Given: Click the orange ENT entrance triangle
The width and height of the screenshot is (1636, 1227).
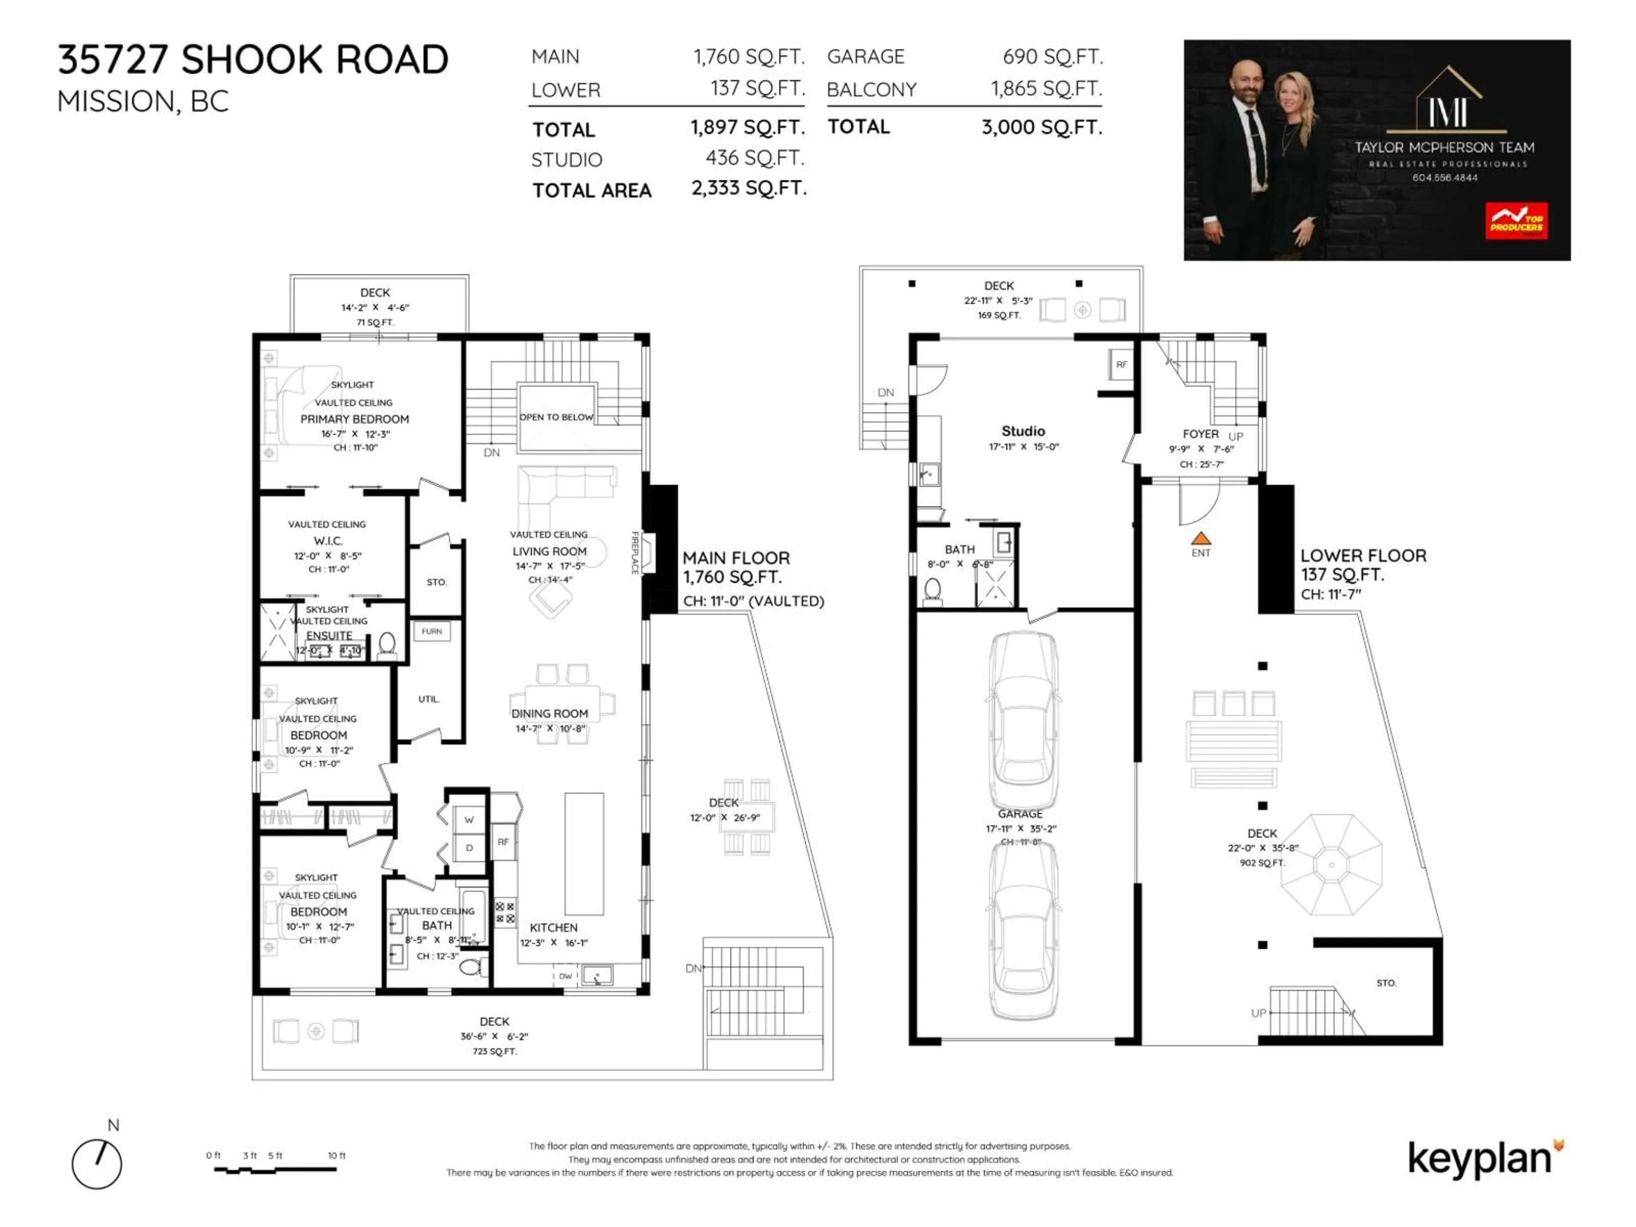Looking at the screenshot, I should coord(1201,539).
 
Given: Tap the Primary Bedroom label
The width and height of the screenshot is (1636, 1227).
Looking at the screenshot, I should coord(354,419).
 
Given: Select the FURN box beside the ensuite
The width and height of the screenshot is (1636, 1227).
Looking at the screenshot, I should coord(432,631).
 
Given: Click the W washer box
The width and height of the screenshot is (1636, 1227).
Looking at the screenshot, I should coord(469,819).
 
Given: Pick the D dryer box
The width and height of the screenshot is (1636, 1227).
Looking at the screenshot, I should coord(469,847).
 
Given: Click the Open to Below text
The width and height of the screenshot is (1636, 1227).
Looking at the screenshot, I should coord(556,417).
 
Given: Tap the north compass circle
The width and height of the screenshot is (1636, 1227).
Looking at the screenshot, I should coord(97,1164).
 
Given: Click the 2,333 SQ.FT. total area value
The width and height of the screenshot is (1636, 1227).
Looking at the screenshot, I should coord(749,189).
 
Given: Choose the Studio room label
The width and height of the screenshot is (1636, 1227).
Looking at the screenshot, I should coord(1023,430).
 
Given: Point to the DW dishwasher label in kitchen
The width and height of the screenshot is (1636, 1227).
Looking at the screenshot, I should coord(565,976).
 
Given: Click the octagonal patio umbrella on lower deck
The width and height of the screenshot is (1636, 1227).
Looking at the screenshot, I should coord(1331,864).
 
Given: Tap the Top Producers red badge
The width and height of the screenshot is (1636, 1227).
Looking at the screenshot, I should coord(1516,221).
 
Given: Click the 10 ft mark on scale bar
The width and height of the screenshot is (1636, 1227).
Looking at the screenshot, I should coord(337,1155).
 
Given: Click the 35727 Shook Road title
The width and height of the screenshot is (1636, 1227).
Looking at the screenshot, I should coord(253,60).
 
